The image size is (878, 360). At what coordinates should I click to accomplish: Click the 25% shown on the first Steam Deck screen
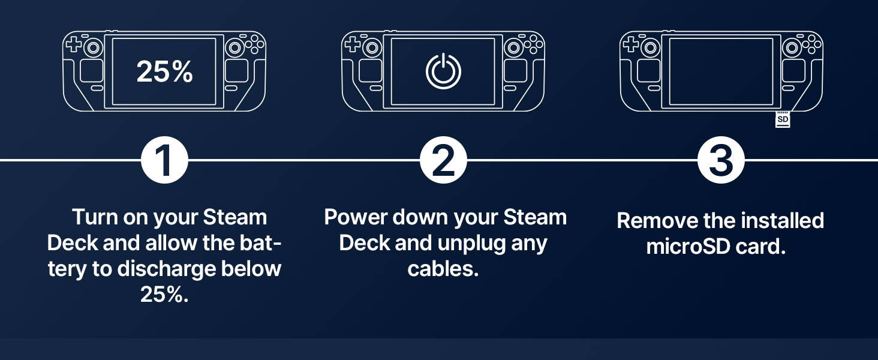pos(164,72)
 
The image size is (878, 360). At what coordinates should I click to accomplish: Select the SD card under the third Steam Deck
pos(783,119)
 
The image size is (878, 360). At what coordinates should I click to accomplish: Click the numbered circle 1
pos(164,160)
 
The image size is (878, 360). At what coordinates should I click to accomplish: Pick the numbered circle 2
pos(443,160)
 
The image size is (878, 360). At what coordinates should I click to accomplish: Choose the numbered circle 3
pos(721,160)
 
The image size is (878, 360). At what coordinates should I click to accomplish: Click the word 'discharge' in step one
pos(167,269)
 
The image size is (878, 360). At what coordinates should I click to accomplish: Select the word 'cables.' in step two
pos(443,269)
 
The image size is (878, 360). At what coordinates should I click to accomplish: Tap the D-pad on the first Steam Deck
pos(73,43)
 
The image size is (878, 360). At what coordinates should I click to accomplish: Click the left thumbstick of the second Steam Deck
pos(372,48)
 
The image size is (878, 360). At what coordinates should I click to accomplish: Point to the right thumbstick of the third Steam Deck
pos(792,48)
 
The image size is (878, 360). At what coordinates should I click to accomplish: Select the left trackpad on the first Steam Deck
pos(92,71)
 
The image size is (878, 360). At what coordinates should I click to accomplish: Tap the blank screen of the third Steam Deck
pos(721,71)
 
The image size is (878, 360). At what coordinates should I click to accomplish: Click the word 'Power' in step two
pos(356,217)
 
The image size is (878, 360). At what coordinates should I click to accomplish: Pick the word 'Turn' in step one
pos(95,217)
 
